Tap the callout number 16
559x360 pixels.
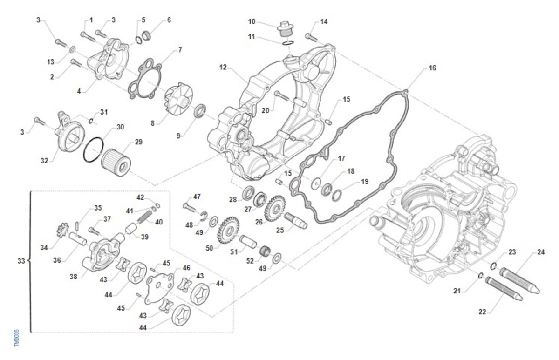[x=432, y=68]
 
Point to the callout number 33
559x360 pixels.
[x=20, y=261]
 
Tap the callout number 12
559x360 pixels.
[x=223, y=68]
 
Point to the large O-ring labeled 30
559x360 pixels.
[x=94, y=149]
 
